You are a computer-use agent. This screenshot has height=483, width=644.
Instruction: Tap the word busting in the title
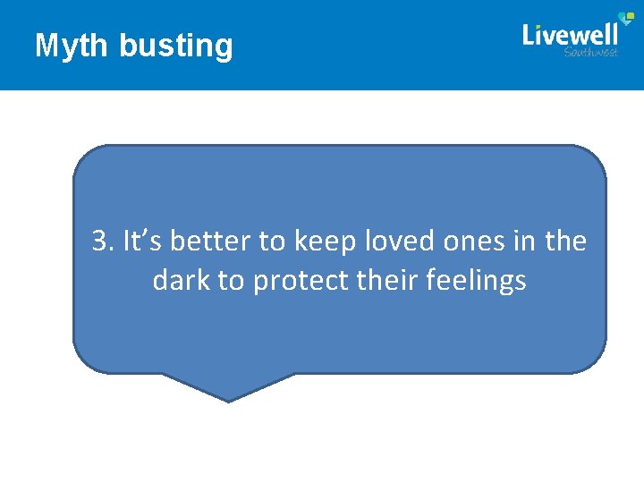(175, 46)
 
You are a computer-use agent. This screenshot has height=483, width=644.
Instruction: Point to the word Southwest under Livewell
(591, 52)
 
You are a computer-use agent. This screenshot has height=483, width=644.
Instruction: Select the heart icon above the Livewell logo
(628, 19)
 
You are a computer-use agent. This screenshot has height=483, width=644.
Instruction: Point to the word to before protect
(231, 282)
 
